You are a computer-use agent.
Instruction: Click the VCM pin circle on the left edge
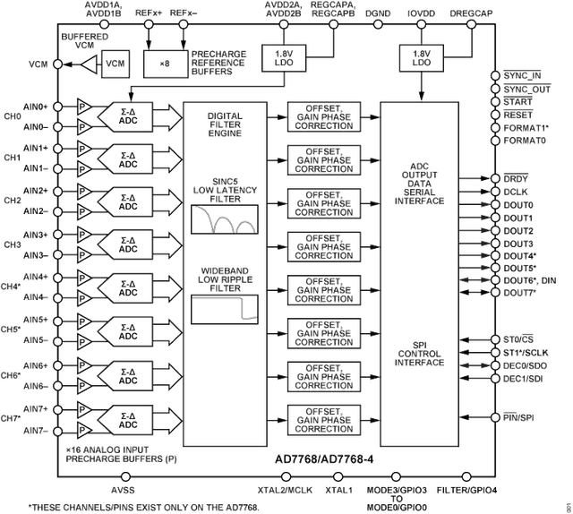coord(57,64)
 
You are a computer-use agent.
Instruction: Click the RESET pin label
coord(520,116)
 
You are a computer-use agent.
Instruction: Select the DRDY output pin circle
coord(497,178)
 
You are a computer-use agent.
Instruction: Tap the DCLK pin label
coord(519,191)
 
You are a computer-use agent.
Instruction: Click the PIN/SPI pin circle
coord(497,417)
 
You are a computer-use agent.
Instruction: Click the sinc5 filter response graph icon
coord(224,219)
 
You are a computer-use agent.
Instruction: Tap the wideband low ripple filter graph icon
coord(224,309)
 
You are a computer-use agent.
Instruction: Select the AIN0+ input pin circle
coord(57,107)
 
